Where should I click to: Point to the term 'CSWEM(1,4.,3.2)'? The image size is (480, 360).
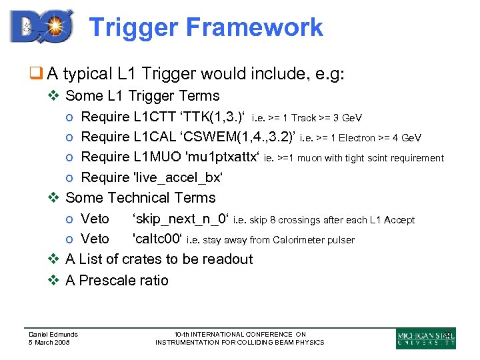click(233, 137)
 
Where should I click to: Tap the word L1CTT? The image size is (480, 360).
click(153, 117)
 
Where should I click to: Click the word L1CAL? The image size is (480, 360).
click(153, 137)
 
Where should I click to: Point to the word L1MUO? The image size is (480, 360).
click(155, 157)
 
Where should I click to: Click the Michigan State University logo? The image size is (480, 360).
click(425, 338)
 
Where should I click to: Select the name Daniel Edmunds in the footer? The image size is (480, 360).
click(53, 334)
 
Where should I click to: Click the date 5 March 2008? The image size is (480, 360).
click(49, 343)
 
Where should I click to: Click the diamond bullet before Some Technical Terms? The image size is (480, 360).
click(56, 198)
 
